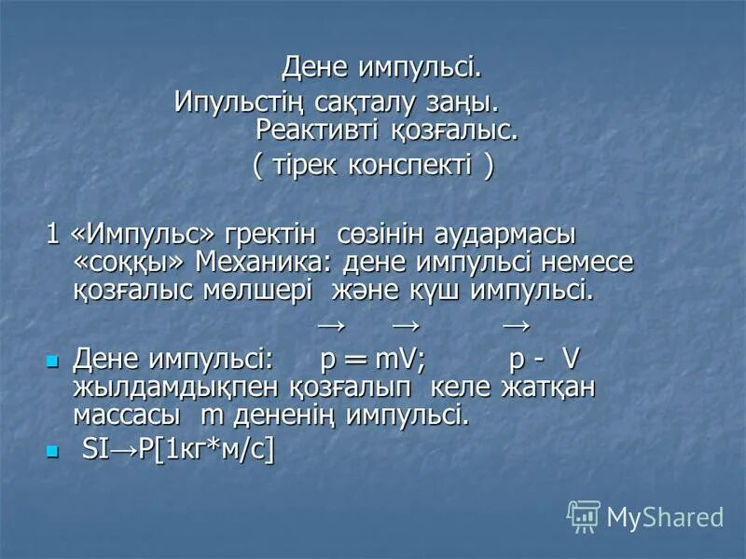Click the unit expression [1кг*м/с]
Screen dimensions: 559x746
pyautogui.click(x=220, y=451)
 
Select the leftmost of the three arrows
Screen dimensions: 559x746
pyautogui.click(x=331, y=326)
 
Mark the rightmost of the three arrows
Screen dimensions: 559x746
pyautogui.click(x=515, y=326)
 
